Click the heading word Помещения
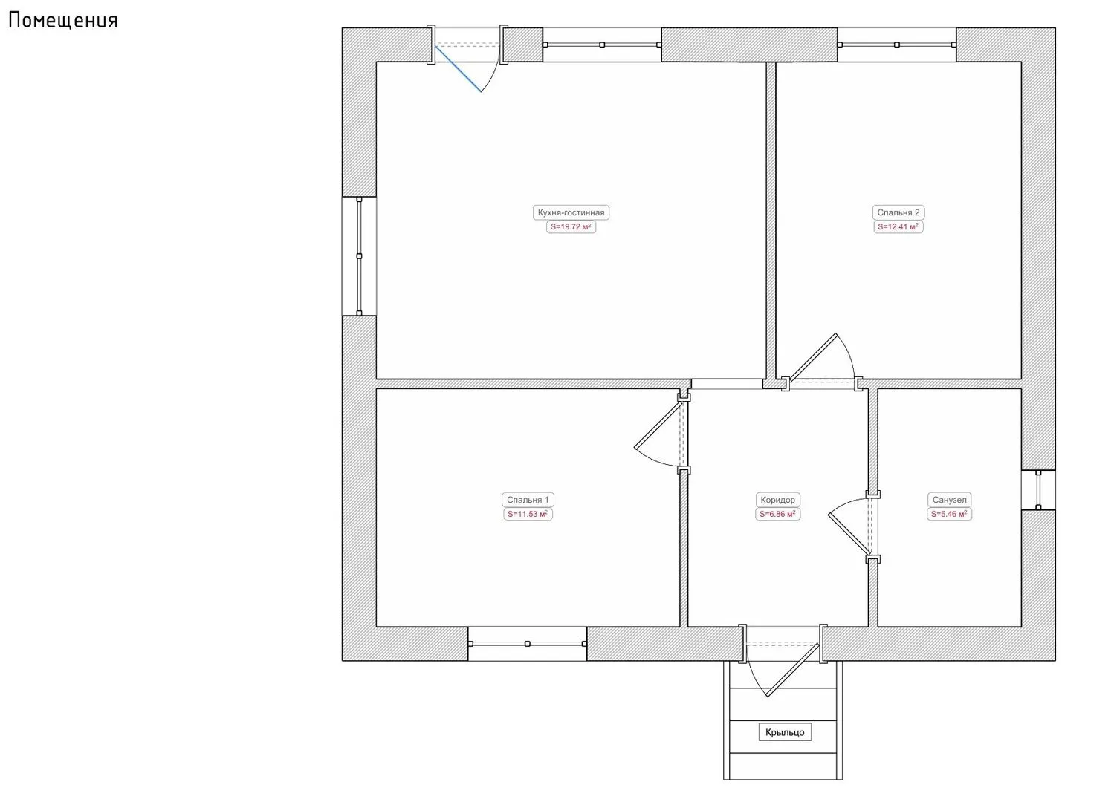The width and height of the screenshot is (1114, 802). click(x=63, y=20)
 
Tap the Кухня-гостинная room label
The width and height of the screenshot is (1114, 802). click(x=571, y=212)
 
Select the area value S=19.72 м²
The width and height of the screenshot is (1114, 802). click(x=571, y=227)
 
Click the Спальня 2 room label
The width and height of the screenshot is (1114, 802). click(x=898, y=212)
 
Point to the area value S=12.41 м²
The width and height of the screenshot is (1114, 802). click(x=898, y=227)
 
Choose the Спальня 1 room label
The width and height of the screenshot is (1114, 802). click(x=528, y=500)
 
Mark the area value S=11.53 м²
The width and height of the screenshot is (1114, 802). click(x=528, y=515)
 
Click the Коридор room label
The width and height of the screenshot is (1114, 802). click(x=778, y=500)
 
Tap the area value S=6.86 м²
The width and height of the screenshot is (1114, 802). click(x=778, y=515)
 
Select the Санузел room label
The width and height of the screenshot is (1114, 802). click(x=949, y=500)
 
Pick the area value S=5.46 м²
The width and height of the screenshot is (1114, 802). click(x=949, y=515)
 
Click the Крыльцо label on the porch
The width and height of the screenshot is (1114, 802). click(x=785, y=732)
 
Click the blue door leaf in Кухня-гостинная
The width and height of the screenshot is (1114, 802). click(x=459, y=69)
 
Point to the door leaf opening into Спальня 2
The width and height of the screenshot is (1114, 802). click(x=812, y=356)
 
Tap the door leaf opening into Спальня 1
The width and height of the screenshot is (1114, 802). click(x=658, y=425)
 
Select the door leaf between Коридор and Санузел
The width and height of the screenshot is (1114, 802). click(x=849, y=535)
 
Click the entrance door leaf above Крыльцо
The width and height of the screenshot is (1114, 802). click(x=792, y=670)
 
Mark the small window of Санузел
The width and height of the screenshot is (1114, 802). click(x=1038, y=490)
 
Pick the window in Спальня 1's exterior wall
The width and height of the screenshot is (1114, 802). click(x=527, y=644)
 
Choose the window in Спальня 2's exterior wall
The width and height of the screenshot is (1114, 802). click(x=897, y=45)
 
